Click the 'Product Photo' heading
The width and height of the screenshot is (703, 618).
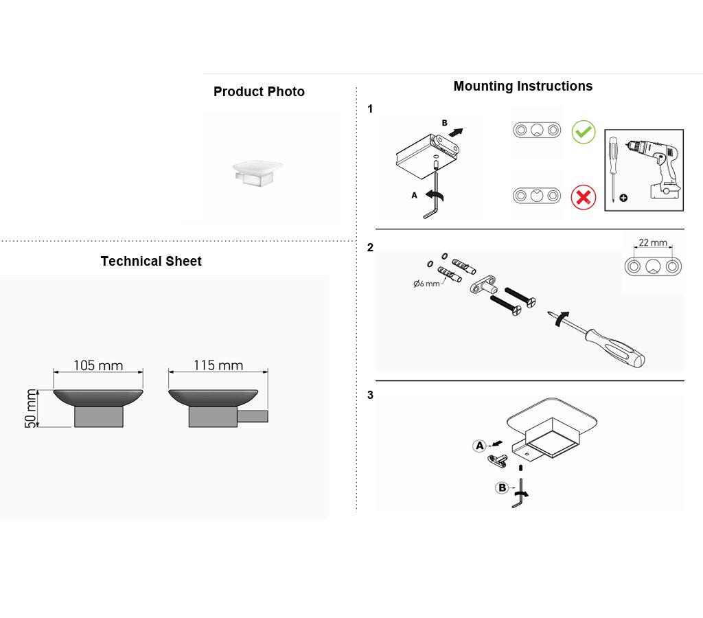[259, 91]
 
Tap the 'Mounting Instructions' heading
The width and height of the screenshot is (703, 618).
[522, 86]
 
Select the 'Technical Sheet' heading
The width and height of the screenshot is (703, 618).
[151, 261]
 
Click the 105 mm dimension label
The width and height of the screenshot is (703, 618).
[98, 365]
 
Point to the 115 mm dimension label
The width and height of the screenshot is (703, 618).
[218, 365]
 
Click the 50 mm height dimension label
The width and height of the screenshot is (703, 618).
[30, 409]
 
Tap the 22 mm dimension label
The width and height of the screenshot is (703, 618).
[653, 242]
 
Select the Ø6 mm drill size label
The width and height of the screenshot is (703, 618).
[426, 284]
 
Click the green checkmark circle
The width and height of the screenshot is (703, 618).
[584, 132]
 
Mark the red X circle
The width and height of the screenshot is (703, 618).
[584, 197]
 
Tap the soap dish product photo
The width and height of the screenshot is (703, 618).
[257, 173]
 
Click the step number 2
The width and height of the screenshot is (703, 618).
[370, 248]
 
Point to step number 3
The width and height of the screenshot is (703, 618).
[370, 395]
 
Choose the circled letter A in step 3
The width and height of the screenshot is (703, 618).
[480, 446]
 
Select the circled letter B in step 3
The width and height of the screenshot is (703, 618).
[502, 488]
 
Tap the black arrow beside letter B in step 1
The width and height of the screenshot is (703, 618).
[456, 133]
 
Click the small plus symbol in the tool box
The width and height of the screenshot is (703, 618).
[623, 198]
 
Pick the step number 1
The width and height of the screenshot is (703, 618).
[370, 109]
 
